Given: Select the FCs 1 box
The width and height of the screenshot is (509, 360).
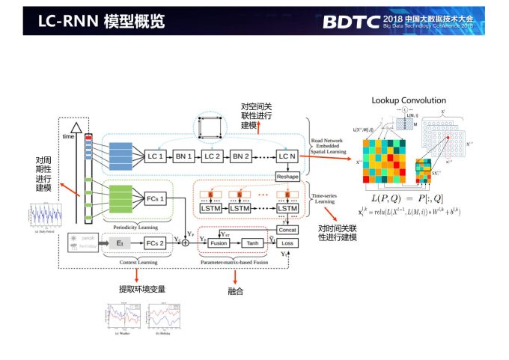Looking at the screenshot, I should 155,199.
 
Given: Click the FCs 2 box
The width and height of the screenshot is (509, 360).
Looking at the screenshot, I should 155,243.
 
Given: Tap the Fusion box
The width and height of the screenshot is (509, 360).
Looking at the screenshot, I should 218,243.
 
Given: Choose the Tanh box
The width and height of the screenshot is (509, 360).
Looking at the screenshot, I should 252,243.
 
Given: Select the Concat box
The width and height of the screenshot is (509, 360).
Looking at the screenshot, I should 287,229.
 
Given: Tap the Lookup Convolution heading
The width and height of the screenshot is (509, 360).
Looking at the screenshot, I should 409,100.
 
